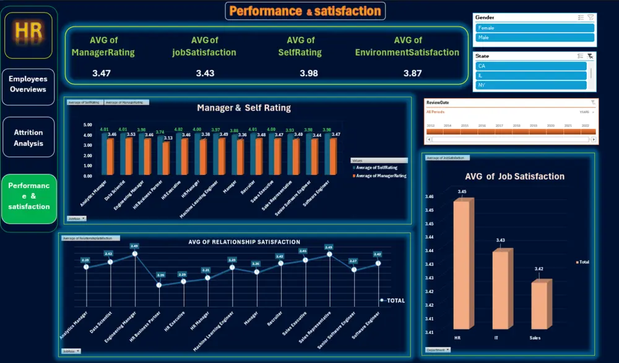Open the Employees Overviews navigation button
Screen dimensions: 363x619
[x=28, y=85]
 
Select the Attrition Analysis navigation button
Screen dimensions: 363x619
[x=28, y=138]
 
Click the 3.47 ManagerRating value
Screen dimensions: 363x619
[x=102, y=73]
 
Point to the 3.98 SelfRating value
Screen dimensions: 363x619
[x=309, y=73]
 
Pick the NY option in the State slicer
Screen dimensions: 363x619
[x=531, y=85]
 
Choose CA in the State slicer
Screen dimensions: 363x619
[x=531, y=66]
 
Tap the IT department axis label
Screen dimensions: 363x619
[x=500, y=338]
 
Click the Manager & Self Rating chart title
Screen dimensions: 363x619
[x=243, y=108]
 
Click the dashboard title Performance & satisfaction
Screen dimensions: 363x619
[x=305, y=11]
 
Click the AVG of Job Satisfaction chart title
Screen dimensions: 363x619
[x=514, y=176]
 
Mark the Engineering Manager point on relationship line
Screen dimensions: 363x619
[x=134, y=254]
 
